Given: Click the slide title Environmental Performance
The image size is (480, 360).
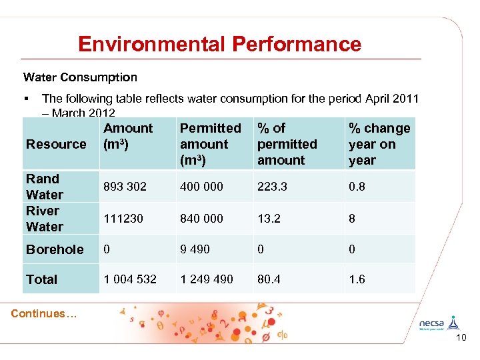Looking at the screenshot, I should pyautogui.click(x=219, y=44).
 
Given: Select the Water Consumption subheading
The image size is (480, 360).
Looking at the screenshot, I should pyautogui.click(x=80, y=77).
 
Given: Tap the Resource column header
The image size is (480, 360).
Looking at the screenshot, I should pyautogui.click(x=56, y=144).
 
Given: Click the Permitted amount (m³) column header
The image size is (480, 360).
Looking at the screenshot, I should pyautogui.click(x=210, y=144).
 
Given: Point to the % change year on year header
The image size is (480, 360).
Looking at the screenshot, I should pyautogui.click(x=379, y=144).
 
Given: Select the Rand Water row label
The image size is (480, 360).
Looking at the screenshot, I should pyautogui.click(x=44, y=187).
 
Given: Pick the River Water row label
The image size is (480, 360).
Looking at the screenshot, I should pyautogui.click(x=44, y=219).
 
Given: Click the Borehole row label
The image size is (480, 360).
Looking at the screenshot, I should pyautogui.click(x=55, y=249).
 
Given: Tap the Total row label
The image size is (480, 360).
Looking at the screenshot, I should pyautogui.click(x=41, y=279).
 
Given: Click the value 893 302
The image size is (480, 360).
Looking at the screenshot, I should pyautogui.click(x=125, y=187).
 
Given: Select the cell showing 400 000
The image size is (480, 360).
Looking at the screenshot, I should pyautogui.click(x=201, y=187).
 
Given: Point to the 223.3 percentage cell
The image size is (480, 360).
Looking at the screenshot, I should pyautogui.click(x=272, y=187).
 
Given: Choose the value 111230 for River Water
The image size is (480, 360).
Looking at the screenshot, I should pyautogui.click(x=123, y=219).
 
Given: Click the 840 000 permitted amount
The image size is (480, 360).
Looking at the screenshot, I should pyautogui.click(x=201, y=219).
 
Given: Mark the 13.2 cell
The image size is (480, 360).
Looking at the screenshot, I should pyautogui.click(x=269, y=219).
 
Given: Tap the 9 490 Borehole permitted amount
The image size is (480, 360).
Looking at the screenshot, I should pyautogui.click(x=195, y=249).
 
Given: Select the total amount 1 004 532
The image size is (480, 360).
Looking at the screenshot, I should pyautogui.click(x=130, y=279).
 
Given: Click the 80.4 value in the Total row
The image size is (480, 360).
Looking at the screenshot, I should pyautogui.click(x=269, y=279).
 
